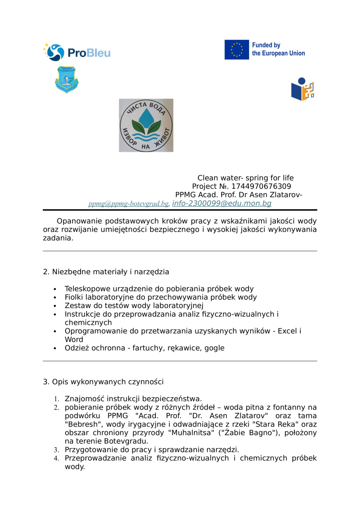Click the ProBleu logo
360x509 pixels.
pos(77,53)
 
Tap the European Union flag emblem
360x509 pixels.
pos(237,50)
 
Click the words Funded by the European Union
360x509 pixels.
pos(278,49)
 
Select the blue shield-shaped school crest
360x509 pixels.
pos(67,79)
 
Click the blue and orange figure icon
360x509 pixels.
pos(302,89)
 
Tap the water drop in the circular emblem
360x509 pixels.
pos(146,117)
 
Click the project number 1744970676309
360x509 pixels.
pos(261,186)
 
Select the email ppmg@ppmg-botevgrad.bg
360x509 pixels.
pos(129,204)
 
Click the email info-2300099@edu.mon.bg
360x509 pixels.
pos(221,203)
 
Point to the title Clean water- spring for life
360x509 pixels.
pos(245,178)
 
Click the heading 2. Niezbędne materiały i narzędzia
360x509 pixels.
pos(106,272)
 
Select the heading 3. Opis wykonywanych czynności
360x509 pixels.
pos(103,382)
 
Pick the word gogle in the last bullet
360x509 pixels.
pos(214,348)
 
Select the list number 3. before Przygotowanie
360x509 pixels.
pos(57,450)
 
